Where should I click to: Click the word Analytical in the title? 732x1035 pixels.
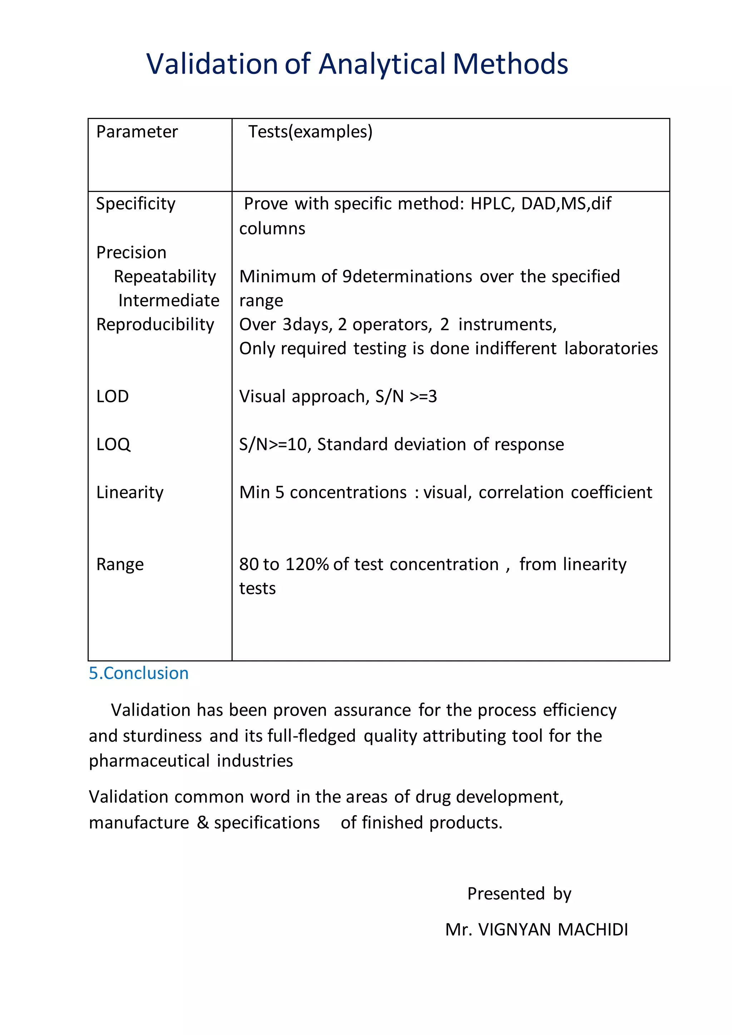(x=382, y=64)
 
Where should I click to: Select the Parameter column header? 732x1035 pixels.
(x=137, y=132)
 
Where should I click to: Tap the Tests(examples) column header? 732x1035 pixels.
(x=310, y=132)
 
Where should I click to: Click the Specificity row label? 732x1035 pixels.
(x=136, y=204)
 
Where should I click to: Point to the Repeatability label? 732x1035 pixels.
(x=165, y=276)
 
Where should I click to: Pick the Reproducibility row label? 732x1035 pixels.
(x=155, y=325)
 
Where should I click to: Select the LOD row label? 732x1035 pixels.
(x=113, y=396)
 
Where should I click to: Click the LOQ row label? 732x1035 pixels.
(x=114, y=445)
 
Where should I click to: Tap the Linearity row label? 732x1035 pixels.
(x=130, y=492)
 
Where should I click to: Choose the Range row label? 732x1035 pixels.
(x=120, y=564)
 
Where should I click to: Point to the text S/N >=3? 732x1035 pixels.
(x=406, y=396)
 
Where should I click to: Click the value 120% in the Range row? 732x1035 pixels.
(x=307, y=564)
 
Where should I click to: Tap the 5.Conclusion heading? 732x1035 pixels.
(x=139, y=673)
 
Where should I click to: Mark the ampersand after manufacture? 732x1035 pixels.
(x=203, y=823)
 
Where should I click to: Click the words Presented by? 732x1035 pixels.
(x=519, y=893)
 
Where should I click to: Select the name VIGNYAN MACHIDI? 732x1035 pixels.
(x=553, y=930)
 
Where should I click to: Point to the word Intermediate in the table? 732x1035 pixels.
(x=169, y=301)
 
